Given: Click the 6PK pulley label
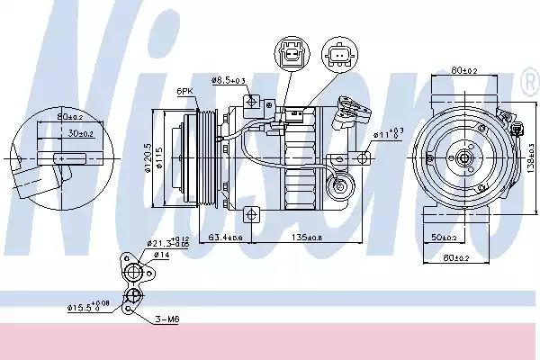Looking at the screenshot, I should (x=185, y=92).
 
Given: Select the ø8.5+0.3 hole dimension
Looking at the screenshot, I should (x=229, y=82).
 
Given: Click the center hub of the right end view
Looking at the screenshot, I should (x=464, y=158).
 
